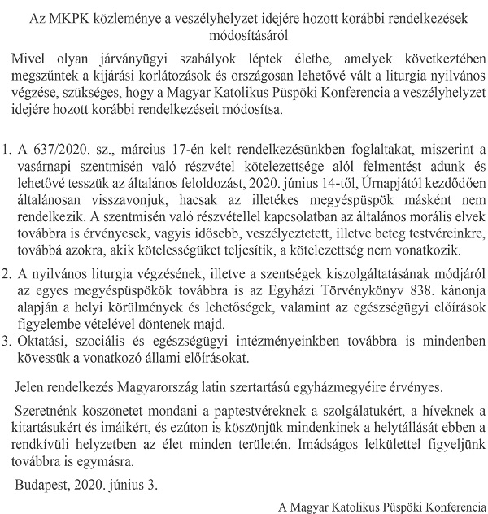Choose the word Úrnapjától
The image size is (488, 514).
[x=370, y=184]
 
